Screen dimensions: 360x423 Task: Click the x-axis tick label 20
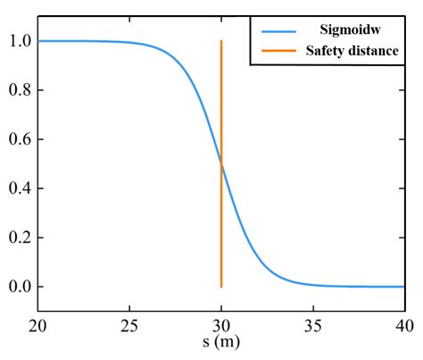[37, 326]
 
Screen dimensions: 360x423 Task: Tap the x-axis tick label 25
[129, 326]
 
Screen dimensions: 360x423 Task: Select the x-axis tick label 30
[221, 326]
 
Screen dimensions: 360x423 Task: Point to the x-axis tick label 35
[312, 326]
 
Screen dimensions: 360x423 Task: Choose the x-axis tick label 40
[403, 326]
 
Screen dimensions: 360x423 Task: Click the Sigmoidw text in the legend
[349, 29]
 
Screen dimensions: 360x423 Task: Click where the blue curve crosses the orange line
[221, 163]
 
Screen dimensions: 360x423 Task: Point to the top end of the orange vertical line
[221, 41]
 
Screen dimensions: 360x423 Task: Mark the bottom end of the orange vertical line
[221, 286]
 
